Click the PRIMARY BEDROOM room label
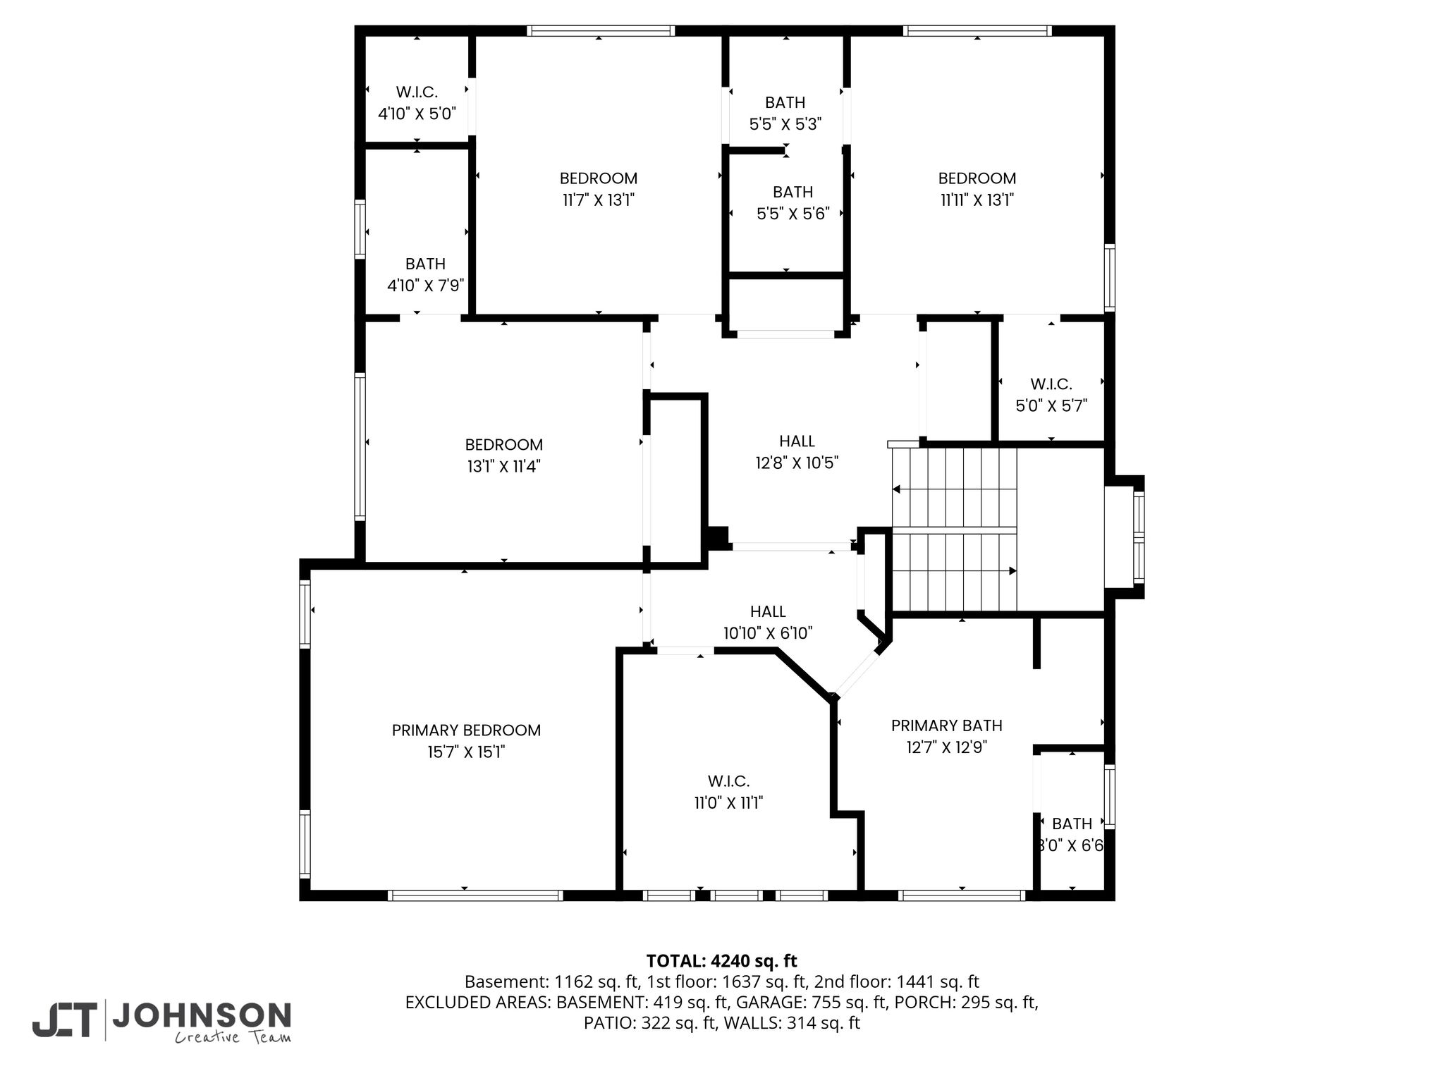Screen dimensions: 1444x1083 (466, 730)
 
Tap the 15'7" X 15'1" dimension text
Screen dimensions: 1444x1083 (466, 752)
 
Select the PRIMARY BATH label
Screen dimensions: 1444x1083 (946, 726)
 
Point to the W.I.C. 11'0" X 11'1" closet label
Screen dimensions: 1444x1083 (728, 792)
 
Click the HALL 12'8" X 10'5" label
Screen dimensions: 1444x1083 (797, 452)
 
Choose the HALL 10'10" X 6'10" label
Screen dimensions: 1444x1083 (768, 623)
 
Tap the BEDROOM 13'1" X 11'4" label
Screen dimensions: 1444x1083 (504, 455)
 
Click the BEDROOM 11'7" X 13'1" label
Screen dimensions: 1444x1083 (599, 189)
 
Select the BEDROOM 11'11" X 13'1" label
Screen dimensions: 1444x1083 (977, 189)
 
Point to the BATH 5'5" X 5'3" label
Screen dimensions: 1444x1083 (785, 114)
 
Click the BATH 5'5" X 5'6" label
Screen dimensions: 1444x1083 (793, 203)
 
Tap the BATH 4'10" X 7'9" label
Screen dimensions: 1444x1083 (425, 275)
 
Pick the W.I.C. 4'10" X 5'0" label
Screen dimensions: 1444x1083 (417, 103)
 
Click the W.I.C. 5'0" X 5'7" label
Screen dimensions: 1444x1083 (1051, 396)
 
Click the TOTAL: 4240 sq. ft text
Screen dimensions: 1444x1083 (721, 961)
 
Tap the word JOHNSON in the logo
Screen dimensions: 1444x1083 (202, 1015)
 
